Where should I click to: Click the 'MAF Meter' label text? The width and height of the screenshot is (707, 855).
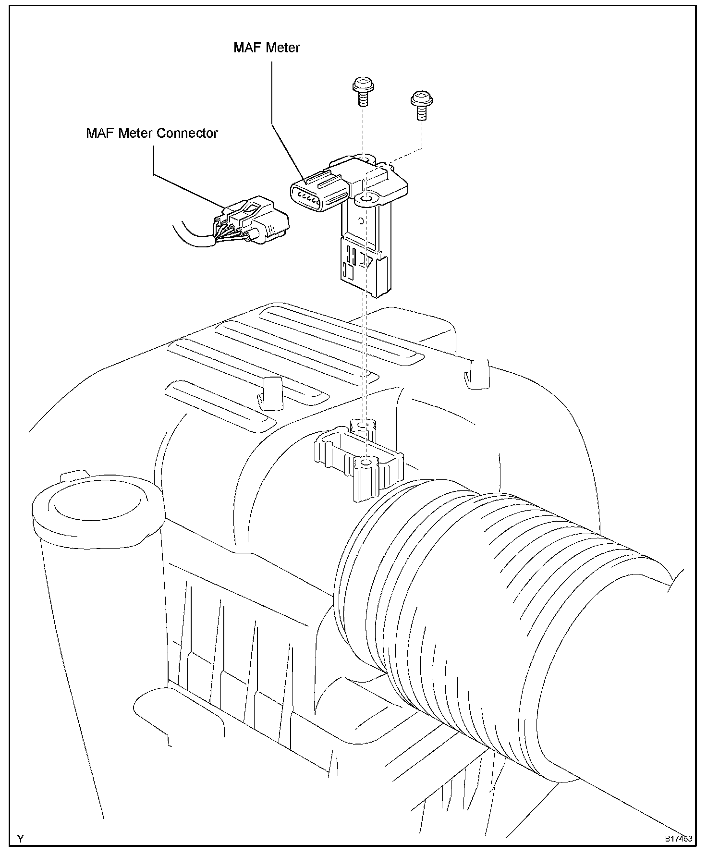(267, 48)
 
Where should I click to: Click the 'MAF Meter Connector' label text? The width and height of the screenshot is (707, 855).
(152, 133)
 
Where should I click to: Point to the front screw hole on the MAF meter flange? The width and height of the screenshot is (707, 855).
(366, 198)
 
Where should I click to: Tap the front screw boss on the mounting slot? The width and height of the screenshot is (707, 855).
(366, 476)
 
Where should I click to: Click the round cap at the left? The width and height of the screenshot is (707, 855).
(96, 509)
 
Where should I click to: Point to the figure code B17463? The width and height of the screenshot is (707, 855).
(678, 839)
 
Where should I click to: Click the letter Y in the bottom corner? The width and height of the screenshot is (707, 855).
(21, 839)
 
